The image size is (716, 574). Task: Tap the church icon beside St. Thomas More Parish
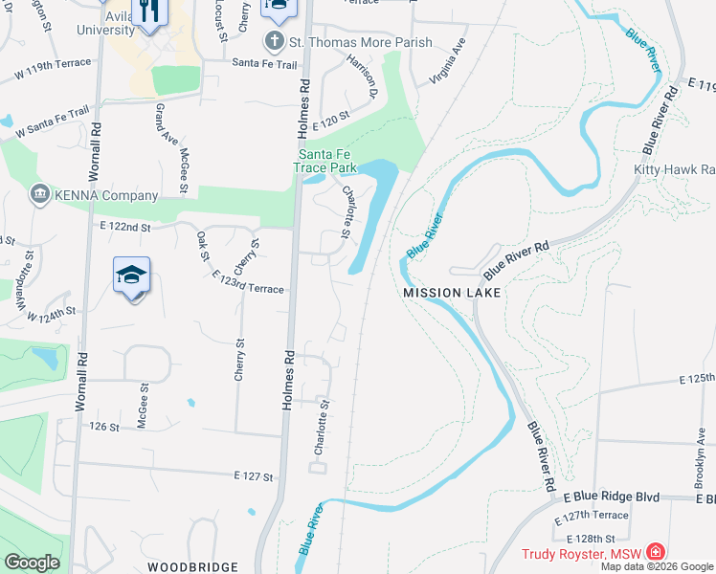pyautogui.click(x=274, y=42)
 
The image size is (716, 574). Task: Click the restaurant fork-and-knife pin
pyautogui.click(x=147, y=11)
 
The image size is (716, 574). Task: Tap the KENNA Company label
pyautogui.click(x=106, y=196)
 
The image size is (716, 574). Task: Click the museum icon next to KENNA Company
pyautogui.click(x=40, y=195)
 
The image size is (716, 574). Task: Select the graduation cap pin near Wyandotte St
pyautogui.click(x=132, y=276)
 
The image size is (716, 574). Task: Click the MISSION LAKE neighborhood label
pyautogui.click(x=452, y=293)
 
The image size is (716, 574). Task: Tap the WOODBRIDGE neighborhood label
pyautogui.click(x=192, y=567)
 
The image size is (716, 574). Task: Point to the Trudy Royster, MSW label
pyautogui.click(x=581, y=554)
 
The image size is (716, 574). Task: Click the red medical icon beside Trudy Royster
pyautogui.click(x=655, y=552)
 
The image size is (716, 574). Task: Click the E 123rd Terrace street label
pyautogui.click(x=248, y=288)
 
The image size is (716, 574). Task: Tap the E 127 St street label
pyautogui.click(x=253, y=475)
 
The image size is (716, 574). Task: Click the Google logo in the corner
pyautogui.click(x=32, y=563)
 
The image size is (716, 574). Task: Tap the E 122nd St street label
pyautogui.click(x=125, y=227)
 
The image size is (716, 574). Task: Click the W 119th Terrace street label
pyautogui.click(x=52, y=67)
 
